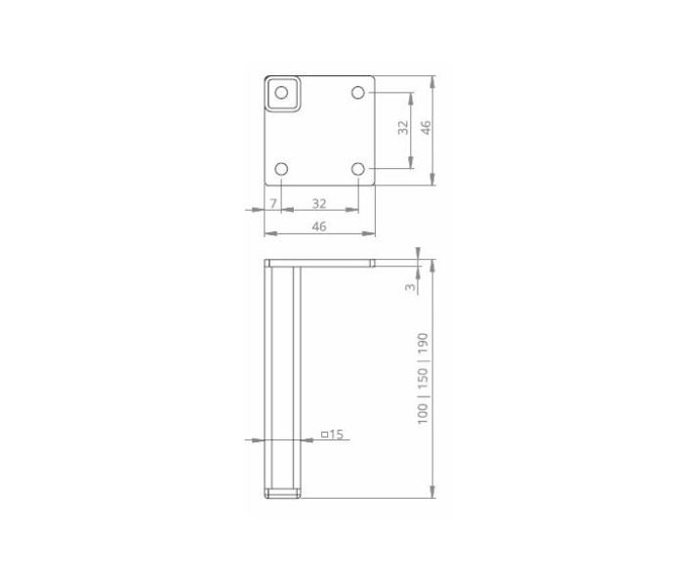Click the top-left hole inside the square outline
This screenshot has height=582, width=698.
(x=282, y=93)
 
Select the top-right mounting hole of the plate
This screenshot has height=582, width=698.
(x=358, y=93)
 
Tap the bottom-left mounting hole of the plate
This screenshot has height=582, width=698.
(x=282, y=169)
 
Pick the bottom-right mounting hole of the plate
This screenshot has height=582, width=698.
(x=358, y=169)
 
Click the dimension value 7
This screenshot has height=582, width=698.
(x=273, y=203)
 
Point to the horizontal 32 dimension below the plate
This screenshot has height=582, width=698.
(x=319, y=203)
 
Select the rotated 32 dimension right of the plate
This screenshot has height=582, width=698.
(x=404, y=130)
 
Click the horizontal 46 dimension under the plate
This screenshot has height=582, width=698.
(x=319, y=227)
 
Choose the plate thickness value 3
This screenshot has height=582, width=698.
(x=411, y=286)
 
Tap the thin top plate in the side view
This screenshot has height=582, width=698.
(x=319, y=263)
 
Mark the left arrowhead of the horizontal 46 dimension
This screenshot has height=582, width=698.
(x=268, y=233)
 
